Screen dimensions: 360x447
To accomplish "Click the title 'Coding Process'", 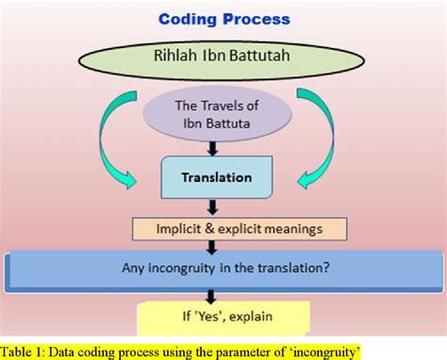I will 223,19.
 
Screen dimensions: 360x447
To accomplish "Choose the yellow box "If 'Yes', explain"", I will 223,318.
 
